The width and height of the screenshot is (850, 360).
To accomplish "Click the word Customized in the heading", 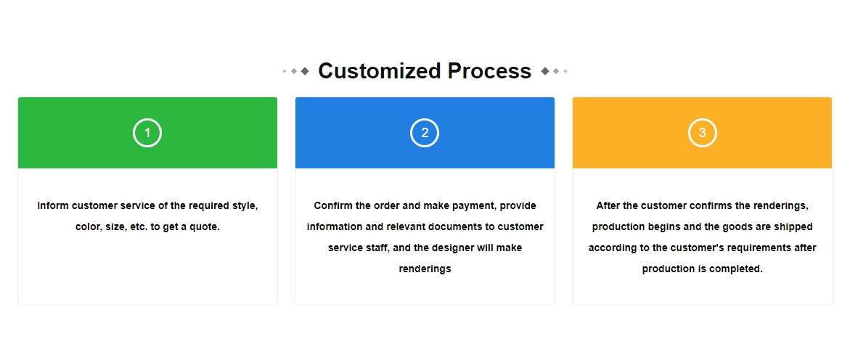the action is click(x=380, y=71).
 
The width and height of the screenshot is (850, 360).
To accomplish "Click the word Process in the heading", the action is click(x=489, y=71).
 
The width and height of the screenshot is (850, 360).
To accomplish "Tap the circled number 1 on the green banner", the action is click(x=147, y=133).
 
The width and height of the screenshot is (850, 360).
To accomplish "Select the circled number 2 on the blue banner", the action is click(x=425, y=133).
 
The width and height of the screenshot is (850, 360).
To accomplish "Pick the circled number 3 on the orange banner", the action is click(x=703, y=133).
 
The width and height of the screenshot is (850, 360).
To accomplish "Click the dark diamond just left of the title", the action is click(x=305, y=71).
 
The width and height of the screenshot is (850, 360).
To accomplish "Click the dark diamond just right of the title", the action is click(x=545, y=71).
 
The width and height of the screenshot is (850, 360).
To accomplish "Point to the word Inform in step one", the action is click(x=52, y=206).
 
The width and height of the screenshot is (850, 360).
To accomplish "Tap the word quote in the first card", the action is click(x=206, y=227).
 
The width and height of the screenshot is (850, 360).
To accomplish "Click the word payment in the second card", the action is click(x=474, y=206).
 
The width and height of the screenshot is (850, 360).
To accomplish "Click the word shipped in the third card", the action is click(x=794, y=227).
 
